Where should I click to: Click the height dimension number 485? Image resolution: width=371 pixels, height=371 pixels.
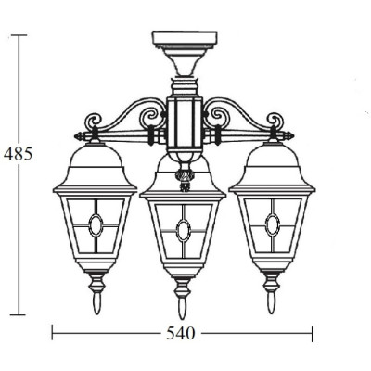[x=18, y=154]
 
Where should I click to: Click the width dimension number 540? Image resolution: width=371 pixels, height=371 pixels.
[x=181, y=334]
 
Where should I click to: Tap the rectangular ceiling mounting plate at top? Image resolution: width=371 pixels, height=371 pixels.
[x=185, y=39]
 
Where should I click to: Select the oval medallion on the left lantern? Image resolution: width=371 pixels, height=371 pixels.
[x=96, y=224]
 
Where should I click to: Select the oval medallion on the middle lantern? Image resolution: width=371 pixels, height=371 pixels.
[x=184, y=230]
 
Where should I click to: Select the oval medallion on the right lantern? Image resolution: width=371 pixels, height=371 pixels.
[x=273, y=224]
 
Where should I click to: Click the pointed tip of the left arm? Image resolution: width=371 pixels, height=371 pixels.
[x=74, y=135]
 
